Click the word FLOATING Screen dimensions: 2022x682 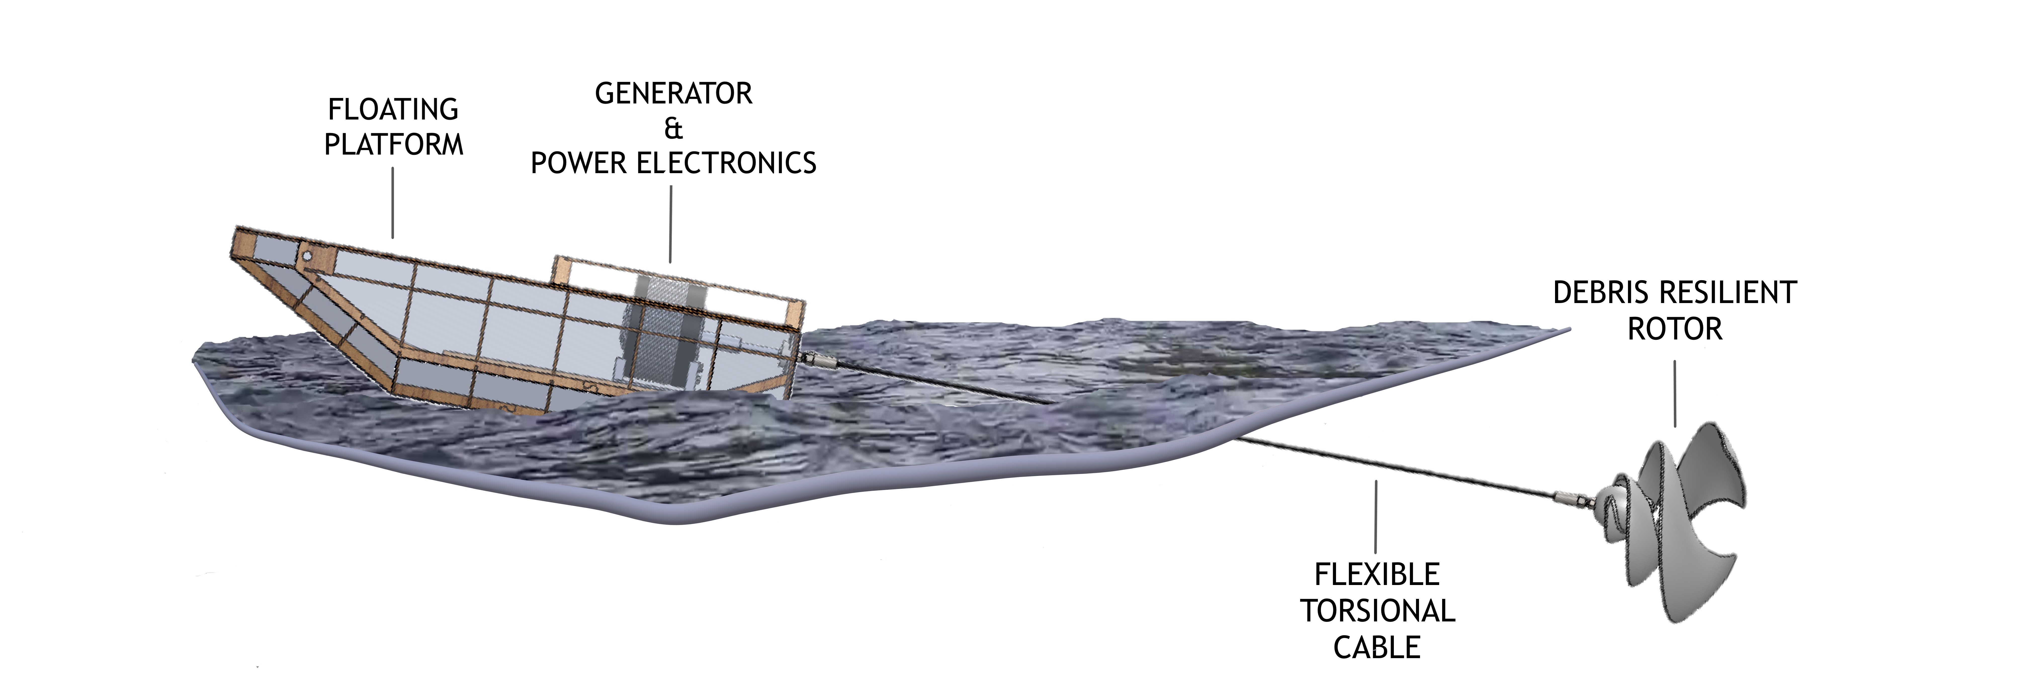coord(393,109)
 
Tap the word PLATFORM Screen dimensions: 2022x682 coord(394,144)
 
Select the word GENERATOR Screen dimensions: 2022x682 coord(673,93)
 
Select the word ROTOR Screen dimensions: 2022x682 coord(1675,328)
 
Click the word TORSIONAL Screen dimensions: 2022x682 coord(1378,611)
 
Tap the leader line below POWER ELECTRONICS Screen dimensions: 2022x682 coord(671,224)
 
